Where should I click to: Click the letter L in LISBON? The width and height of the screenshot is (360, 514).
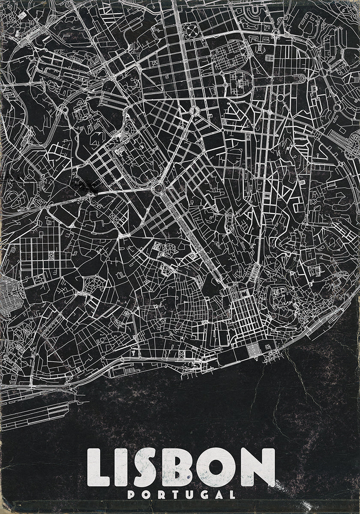[x=99, y=468]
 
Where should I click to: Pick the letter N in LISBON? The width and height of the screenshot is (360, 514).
[x=258, y=467]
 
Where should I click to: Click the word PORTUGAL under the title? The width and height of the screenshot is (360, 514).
[x=181, y=495]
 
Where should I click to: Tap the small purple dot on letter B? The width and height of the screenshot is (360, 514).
[x=187, y=477]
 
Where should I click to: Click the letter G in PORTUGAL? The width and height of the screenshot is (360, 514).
[x=202, y=495]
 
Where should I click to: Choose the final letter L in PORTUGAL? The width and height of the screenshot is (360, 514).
[x=232, y=495]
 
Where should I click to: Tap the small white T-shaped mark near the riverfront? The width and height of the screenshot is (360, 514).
[x=134, y=353]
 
